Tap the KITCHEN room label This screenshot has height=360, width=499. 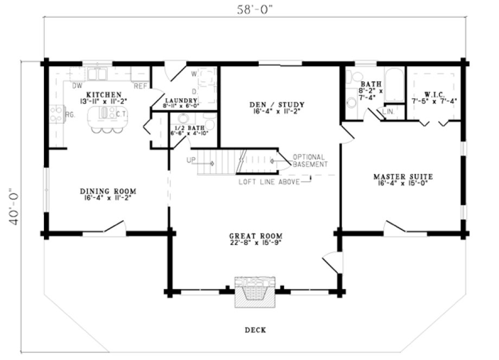pos(99,95)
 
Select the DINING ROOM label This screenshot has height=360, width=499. pos(107,191)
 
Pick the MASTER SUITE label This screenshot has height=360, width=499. pos(402,177)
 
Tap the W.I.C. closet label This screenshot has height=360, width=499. pos(434,94)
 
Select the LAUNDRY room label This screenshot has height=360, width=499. pos(181,100)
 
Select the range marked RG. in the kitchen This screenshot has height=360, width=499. pos(56,114)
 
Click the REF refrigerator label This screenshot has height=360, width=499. pos(140,86)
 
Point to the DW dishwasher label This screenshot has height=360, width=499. pos(76,86)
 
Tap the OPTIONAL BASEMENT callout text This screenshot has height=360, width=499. pos(310,160)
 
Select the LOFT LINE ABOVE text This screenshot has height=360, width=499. pos(269,182)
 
